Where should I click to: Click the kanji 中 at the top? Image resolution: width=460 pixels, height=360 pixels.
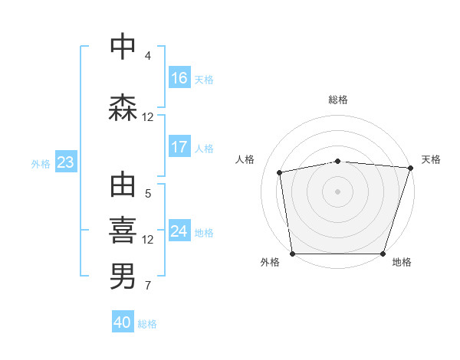123,47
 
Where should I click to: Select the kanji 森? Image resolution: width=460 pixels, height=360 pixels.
123,107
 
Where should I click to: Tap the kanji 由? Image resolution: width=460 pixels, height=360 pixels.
123,185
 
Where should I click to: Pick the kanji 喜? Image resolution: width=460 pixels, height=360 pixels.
123,230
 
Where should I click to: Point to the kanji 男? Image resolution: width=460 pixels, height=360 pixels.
123,277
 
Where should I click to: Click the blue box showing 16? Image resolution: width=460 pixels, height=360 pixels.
179,78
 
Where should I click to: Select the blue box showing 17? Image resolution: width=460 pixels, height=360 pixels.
179,147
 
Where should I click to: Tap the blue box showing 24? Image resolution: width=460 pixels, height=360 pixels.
179,231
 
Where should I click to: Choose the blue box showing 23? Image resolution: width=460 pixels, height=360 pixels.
65,162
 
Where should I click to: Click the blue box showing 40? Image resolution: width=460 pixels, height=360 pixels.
123,323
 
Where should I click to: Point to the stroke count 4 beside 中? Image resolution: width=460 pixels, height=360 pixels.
148,56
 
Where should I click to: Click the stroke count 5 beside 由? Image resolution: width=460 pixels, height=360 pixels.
148,195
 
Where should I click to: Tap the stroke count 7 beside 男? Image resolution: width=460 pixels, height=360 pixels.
148,286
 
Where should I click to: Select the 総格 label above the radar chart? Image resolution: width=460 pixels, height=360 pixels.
338,100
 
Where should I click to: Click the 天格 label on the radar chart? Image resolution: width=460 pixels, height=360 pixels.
431,159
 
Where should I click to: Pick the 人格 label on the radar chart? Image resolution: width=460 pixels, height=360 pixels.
245,159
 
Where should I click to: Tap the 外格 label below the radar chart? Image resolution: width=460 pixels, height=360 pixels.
270,262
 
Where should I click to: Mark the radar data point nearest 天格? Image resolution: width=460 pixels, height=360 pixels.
410,168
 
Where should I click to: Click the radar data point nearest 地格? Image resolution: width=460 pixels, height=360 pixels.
383,254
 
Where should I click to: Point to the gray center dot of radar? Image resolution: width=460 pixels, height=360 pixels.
338,191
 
